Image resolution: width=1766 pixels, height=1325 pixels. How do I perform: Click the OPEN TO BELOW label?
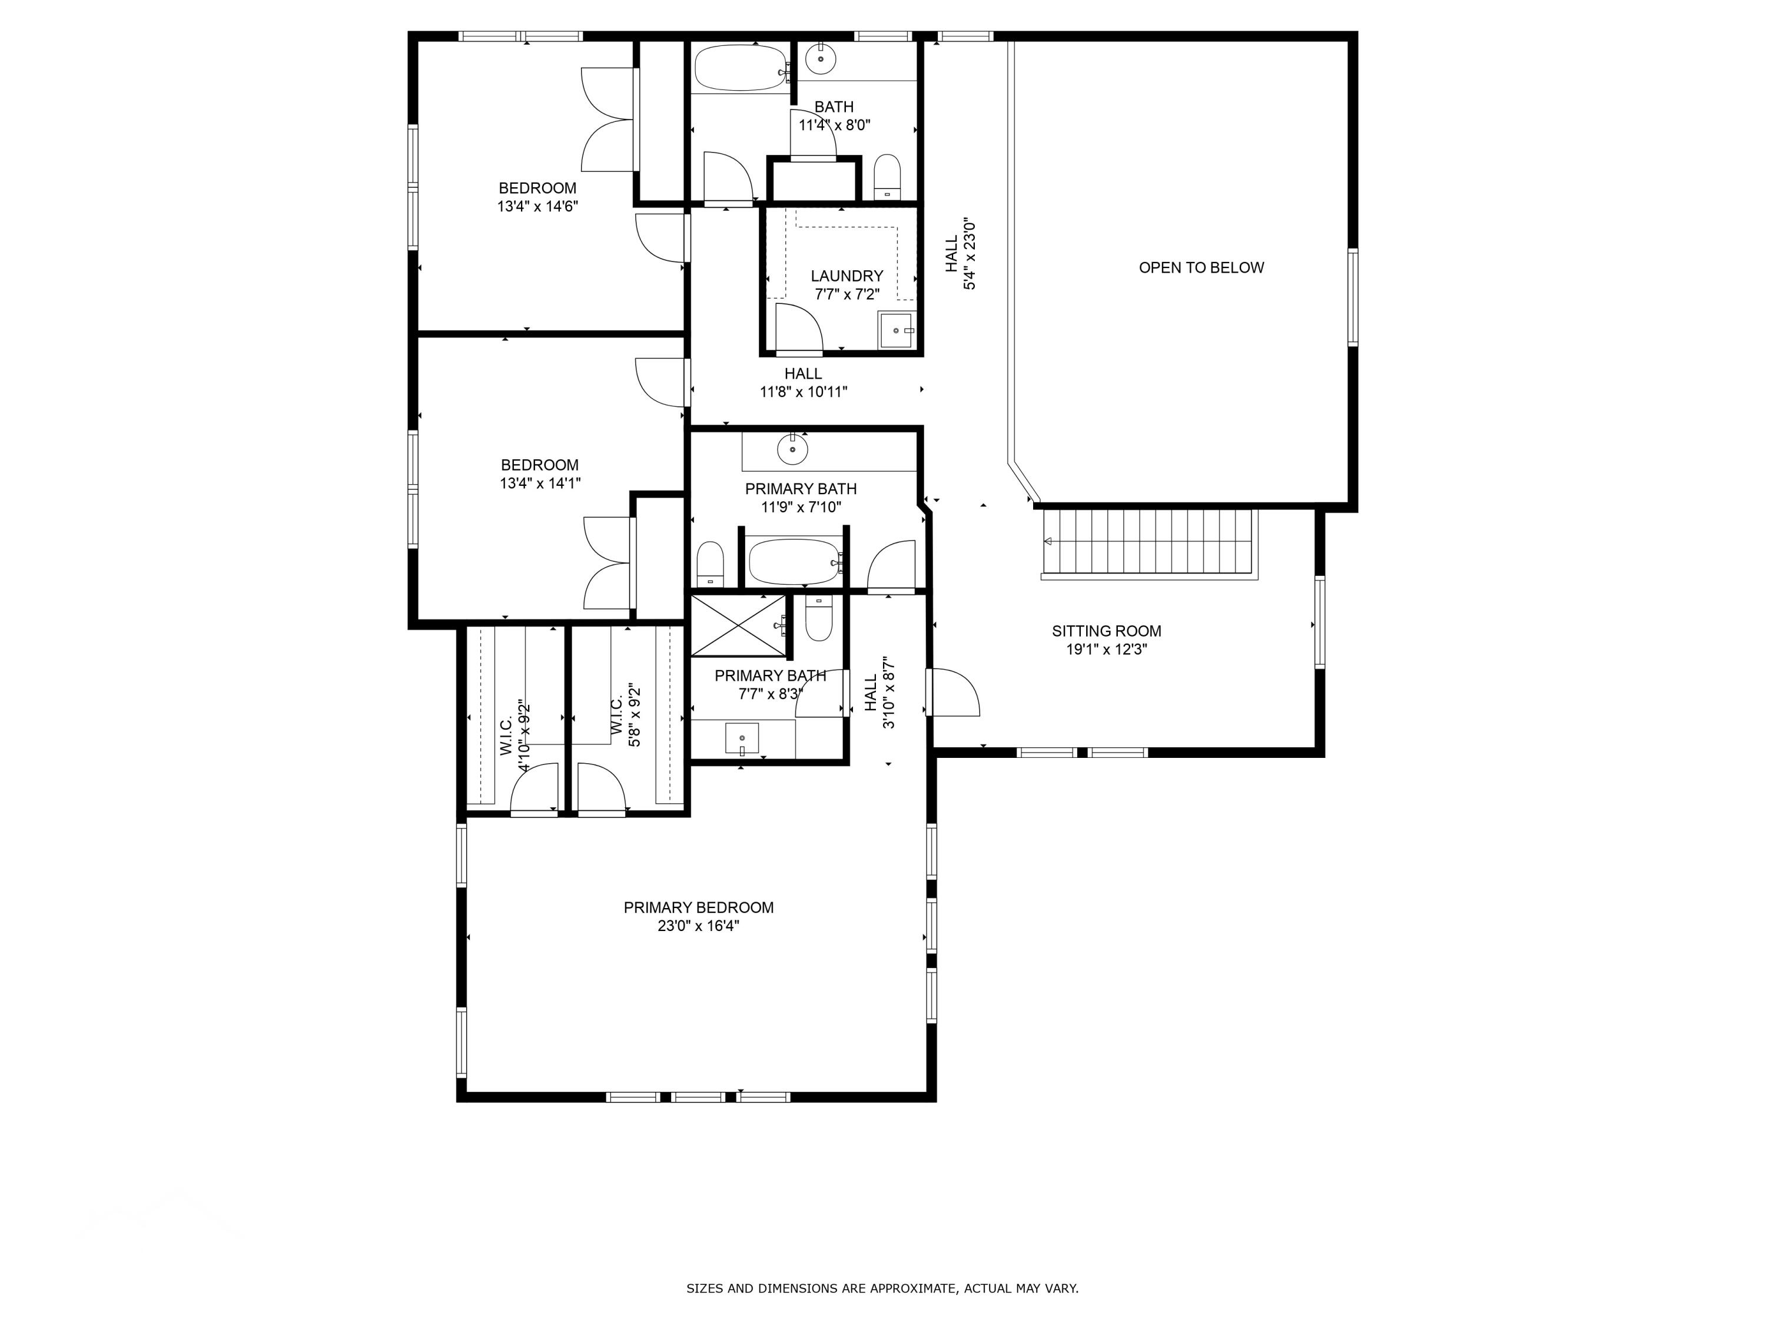click(1201, 267)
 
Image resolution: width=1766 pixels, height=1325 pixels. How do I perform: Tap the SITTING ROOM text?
click(1106, 631)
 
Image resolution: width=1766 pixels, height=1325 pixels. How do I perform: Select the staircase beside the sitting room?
click(1150, 542)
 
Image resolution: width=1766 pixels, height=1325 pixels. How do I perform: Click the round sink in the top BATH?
click(820, 58)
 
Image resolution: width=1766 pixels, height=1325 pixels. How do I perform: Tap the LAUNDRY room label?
click(847, 276)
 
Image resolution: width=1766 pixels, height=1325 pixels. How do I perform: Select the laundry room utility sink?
click(896, 330)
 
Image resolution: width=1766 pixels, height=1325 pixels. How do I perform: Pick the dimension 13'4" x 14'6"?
click(537, 206)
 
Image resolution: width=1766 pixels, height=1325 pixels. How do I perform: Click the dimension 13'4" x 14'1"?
click(540, 483)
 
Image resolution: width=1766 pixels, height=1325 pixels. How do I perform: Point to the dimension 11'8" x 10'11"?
click(802, 392)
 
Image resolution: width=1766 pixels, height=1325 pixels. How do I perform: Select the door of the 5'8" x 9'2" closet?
click(600, 789)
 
